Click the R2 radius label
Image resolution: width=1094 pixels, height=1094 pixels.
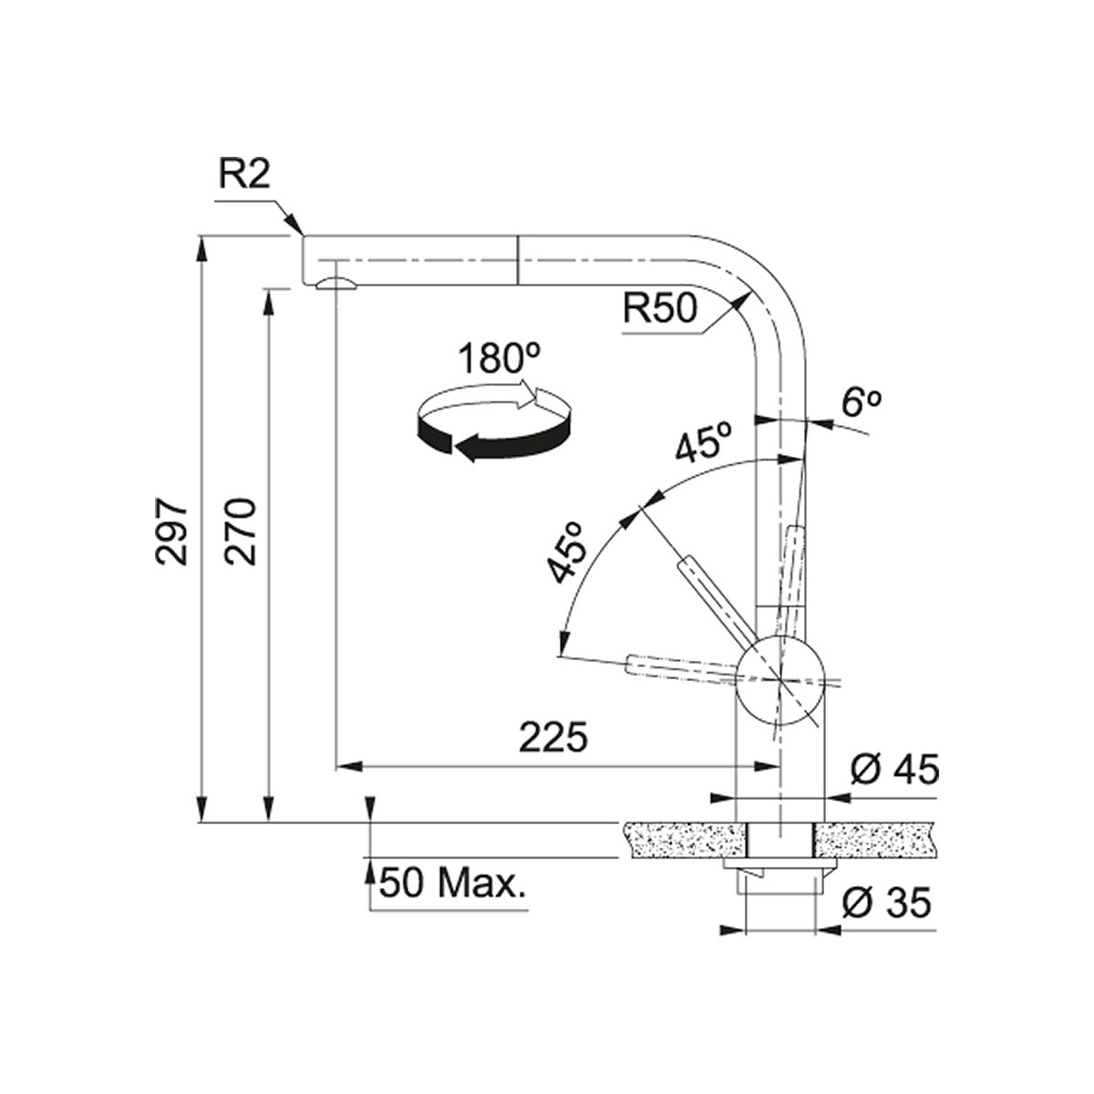click(x=243, y=178)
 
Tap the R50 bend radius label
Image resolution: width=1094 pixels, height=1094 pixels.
click(x=659, y=309)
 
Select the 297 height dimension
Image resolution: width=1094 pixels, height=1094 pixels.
click(x=172, y=532)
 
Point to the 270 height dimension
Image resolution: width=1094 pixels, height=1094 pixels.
click(x=240, y=532)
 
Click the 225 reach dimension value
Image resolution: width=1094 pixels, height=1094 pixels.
click(x=553, y=738)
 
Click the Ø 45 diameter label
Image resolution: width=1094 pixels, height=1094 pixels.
click(x=894, y=770)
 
